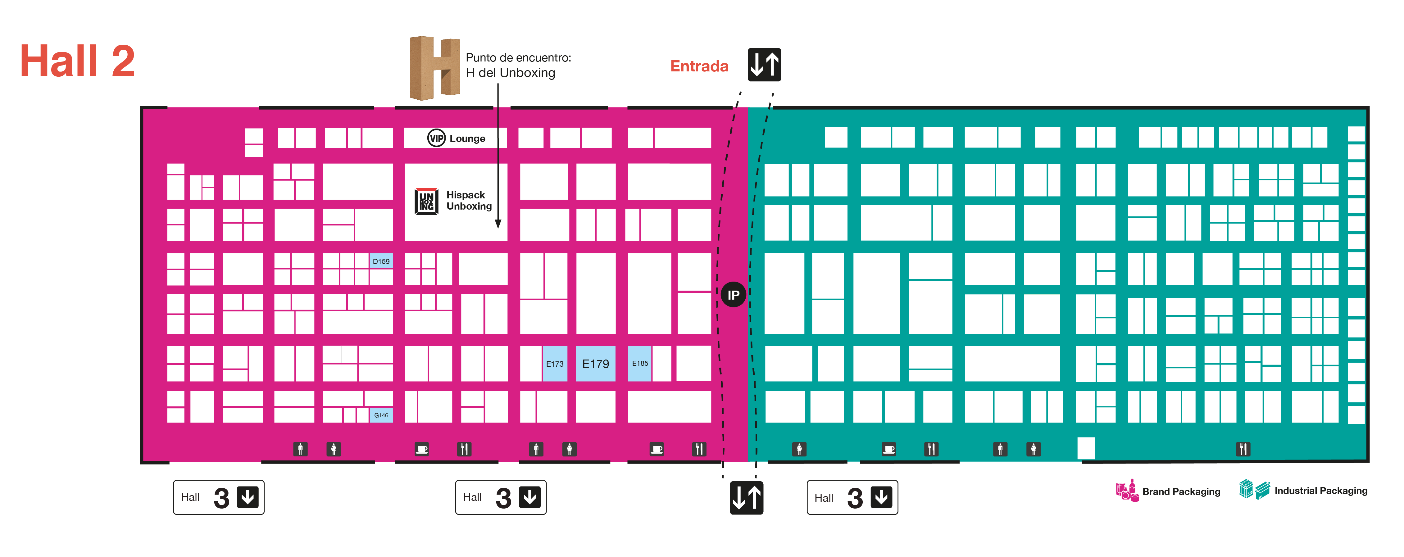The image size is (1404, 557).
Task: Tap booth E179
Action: (x=595, y=364)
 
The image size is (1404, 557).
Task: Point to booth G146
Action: (x=381, y=415)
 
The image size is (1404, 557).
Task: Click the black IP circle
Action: (x=733, y=295)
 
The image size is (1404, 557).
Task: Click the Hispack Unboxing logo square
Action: (x=426, y=201)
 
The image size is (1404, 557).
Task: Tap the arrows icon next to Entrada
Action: (x=764, y=65)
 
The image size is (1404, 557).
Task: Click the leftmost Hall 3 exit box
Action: (x=219, y=497)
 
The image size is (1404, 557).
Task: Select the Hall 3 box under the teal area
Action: (x=852, y=497)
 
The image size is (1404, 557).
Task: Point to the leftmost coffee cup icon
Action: (x=421, y=449)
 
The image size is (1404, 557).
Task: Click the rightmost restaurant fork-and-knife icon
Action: (x=1243, y=449)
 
